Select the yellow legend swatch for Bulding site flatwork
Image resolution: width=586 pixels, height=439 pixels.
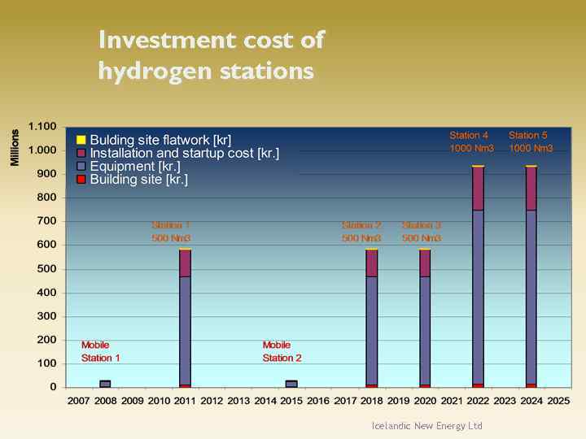point(81,140)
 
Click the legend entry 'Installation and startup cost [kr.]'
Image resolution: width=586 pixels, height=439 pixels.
point(184,153)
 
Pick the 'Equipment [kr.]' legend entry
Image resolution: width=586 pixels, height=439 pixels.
point(134,167)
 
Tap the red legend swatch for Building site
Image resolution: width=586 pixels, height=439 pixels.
point(81,180)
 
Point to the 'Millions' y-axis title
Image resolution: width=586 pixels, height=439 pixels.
point(15,147)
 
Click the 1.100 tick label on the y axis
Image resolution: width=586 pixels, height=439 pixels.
point(42,126)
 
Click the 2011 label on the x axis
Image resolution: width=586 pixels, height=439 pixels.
point(185,401)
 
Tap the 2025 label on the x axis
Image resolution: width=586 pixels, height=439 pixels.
point(558,401)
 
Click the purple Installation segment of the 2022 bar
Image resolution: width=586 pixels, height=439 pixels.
point(478,188)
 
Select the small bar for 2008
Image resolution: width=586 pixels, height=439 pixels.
point(105,384)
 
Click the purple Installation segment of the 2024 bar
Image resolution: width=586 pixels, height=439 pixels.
point(531,188)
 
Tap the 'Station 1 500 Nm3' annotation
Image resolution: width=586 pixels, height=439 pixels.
point(171,232)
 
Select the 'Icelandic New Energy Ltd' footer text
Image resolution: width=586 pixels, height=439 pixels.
point(426,426)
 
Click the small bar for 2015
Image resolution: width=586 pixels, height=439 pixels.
point(291,384)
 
